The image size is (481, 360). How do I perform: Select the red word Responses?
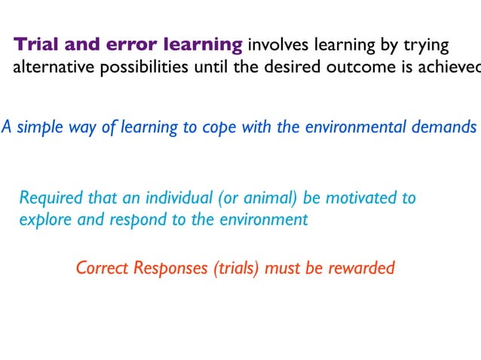[x=165, y=268]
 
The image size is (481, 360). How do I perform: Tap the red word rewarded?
[x=360, y=267]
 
